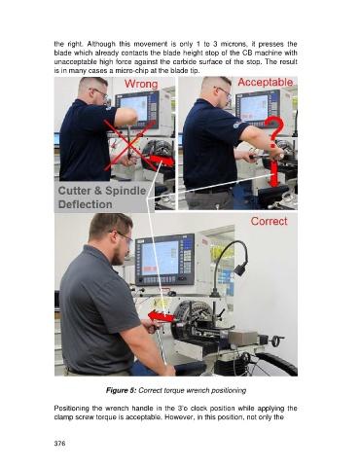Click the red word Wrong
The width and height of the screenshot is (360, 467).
(141, 84)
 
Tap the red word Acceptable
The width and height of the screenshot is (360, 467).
(266, 83)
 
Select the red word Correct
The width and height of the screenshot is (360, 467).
(269, 221)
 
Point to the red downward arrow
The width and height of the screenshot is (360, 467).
(274, 174)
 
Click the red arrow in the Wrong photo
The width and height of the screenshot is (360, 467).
(162, 161)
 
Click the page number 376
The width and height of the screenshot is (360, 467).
(59, 444)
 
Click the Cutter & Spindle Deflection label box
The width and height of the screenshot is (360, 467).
(101, 198)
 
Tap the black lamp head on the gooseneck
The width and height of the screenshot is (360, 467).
(241, 269)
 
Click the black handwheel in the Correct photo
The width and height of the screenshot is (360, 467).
(277, 341)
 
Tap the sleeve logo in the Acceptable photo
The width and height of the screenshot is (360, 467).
(236, 124)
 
